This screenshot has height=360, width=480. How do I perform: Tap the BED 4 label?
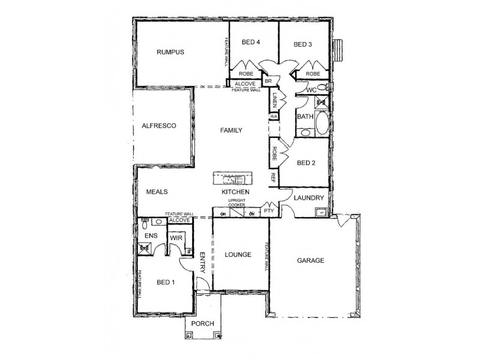(x=251, y=43)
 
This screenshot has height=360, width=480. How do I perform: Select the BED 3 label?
(x=304, y=44)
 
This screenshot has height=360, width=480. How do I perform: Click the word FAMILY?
(x=231, y=130)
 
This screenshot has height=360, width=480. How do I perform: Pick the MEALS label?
(x=157, y=192)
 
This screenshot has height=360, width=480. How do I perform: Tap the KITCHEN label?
(x=235, y=191)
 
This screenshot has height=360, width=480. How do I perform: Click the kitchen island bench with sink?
(x=232, y=179)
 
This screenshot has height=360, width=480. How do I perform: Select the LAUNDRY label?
(x=309, y=197)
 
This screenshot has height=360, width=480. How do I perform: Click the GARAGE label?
(x=311, y=260)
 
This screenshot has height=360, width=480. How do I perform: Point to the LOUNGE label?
(x=238, y=254)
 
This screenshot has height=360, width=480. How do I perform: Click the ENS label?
(x=151, y=236)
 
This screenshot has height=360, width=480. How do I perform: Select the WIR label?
(x=176, y=238)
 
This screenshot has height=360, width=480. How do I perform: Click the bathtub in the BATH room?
(x=321, y=124)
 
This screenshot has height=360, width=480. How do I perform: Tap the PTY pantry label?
(x=268, y=211)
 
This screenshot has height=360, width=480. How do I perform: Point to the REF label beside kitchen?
(x=272, y=178)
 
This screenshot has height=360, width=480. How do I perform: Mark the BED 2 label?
(x=306, y=163)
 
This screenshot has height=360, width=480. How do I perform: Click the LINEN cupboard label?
(x=274, y=99)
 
